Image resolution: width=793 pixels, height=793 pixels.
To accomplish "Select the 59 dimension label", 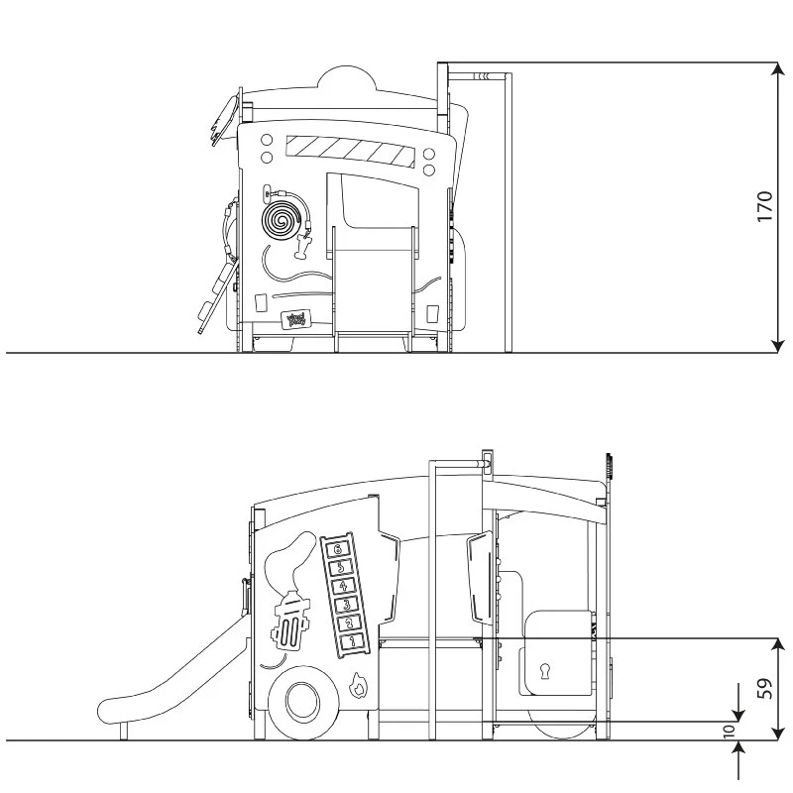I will point(764,688).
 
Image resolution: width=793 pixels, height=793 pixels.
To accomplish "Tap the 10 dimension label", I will point(731,732).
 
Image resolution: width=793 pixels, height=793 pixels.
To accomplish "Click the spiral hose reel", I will point(281,220).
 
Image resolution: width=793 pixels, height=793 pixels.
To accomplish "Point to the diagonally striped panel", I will point(348,151).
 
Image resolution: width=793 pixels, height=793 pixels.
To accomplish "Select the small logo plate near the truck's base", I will point(296,319).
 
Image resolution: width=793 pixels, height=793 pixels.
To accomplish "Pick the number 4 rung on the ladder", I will point(342,586).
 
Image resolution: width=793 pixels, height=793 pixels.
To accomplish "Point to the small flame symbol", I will point(359,684).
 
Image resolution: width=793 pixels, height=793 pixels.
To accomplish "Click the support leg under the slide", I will point(124,732).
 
